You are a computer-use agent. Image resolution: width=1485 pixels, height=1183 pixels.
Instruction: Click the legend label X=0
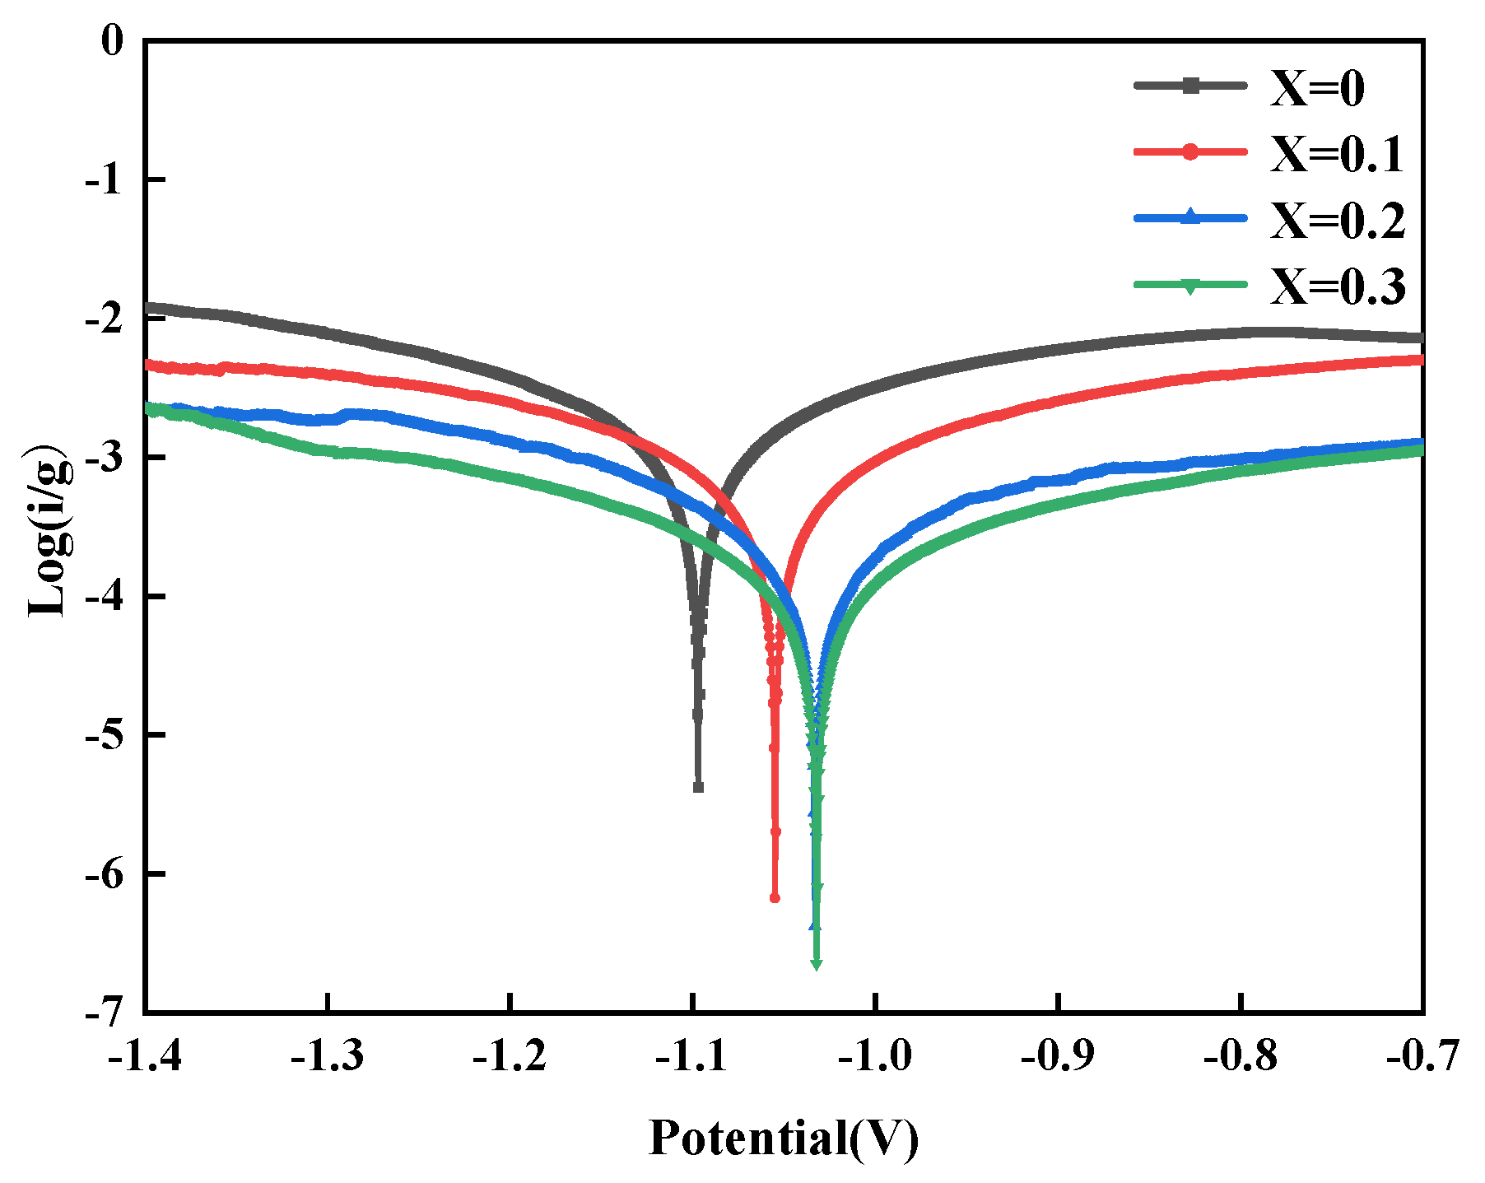click(x=1316, y=88)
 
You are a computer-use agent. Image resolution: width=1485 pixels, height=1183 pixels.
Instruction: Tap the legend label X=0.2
click(x=1337, y=220)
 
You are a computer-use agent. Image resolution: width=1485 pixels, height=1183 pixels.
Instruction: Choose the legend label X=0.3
click(x=1337, y=286)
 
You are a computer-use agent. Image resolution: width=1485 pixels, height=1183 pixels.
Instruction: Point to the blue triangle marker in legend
click(x=1190, y=217)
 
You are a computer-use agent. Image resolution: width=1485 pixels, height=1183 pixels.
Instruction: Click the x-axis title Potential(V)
click(x=783, y=1139)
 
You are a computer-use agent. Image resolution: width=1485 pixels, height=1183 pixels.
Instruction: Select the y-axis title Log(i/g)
click(x=47, y=531)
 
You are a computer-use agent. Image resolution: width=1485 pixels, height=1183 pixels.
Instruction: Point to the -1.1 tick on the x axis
click(x=693, y=1057)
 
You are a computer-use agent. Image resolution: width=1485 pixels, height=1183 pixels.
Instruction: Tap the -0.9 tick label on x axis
click(x=1058, y=1057)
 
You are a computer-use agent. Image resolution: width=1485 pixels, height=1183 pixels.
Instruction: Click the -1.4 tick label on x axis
click(x=145, y=1057)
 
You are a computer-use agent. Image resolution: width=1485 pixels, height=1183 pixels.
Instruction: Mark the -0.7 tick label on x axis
click(x=1422, y=1057)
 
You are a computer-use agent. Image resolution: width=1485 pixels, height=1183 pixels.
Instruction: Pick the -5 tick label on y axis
click(x=105, y=734)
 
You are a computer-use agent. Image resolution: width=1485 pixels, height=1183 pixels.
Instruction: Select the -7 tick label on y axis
click(x=105, y=1011)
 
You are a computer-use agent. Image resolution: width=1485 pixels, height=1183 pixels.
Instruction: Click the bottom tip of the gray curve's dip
click(x=698, y=788)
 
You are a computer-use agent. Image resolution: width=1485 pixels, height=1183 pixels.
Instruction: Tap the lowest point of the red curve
click(x=775, y=897)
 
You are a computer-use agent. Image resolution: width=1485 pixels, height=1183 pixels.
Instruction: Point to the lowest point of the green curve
click(x=817, y=965)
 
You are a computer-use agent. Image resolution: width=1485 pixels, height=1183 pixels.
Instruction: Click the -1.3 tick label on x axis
click(x=328, y=1057)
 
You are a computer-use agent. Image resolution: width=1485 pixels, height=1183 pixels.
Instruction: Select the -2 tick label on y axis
click(x=105, y=318)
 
